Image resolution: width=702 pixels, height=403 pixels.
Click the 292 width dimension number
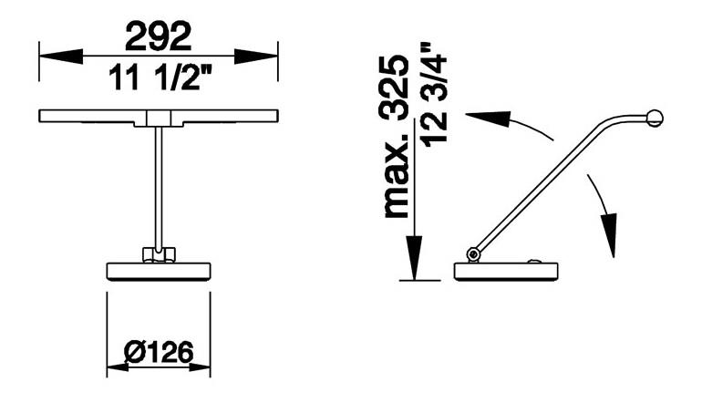pos(158,36)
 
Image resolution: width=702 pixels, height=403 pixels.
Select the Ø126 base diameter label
pos(158,352)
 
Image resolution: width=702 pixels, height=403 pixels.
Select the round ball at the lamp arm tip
pos(654,117)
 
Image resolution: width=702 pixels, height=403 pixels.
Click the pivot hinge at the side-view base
pos(473,253)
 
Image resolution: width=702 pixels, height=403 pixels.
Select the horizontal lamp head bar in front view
pos(158,116)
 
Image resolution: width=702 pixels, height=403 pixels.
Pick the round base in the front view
pos(159,271)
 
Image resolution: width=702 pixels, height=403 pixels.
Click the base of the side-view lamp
pos(507,272)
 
